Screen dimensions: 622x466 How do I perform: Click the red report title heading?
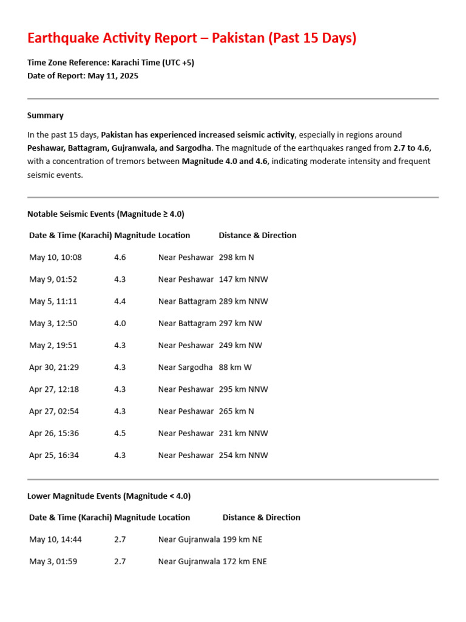(x=192, y=38)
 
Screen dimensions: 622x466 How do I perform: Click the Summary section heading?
(x=46, y=115)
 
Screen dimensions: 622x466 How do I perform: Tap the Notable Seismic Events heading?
(x=106, y=214)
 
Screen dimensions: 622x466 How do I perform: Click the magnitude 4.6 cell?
(x=120, y=258)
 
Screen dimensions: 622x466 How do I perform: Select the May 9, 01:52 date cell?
(x=53, y=279)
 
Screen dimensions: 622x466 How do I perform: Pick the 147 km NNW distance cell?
(x=243, y=279)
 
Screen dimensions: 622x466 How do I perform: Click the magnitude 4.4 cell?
(x=120, y=301)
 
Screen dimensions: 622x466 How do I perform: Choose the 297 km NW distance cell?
(x=240, y=323)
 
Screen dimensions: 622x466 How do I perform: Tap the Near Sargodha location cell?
(x=186, y=367)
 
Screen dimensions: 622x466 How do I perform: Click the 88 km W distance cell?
(x=235, y=367)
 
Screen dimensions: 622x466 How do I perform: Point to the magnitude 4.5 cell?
(x=120, y=433)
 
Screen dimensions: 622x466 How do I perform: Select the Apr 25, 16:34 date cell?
(x=54, y=455)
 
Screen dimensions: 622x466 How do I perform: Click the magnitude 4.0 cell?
(x=120, y=323)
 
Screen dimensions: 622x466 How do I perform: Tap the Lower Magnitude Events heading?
(x=109, y=496)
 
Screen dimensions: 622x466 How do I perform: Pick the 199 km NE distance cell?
(x=243, y=539)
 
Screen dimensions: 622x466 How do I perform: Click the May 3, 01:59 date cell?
(x=53, y=561)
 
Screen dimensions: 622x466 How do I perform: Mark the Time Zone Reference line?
(x=110, y=63)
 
